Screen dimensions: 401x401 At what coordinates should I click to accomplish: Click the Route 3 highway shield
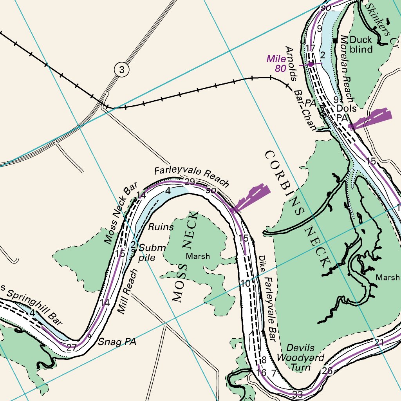[122, 70]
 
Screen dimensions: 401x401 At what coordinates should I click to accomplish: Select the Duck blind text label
[361, 44]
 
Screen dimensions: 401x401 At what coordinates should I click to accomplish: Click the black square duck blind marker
[335, 40]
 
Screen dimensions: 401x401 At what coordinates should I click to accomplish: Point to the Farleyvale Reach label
[191, 177]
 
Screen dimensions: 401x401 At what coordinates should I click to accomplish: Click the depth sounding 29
[190, 182]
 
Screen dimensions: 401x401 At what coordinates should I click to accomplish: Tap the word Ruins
[161, 227]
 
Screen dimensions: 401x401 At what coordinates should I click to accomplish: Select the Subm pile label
[151, 253]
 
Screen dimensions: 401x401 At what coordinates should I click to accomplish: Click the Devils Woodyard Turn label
[300, 358]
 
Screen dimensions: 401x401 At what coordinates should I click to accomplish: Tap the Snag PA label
[117, 342]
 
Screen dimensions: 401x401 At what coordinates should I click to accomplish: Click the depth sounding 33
[298, 394]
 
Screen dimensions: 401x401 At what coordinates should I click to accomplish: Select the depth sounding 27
[71, 347]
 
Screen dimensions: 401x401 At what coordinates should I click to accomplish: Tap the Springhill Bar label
[33, 305]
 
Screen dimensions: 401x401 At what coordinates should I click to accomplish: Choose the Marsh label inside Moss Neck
[198, 256]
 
